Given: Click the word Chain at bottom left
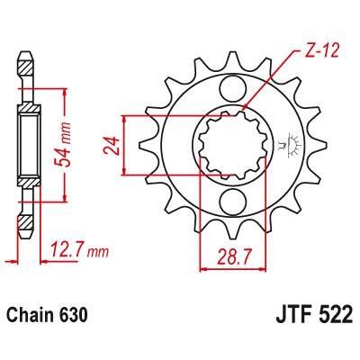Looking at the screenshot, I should (34, 316).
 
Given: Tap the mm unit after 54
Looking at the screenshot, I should (66, 102).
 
